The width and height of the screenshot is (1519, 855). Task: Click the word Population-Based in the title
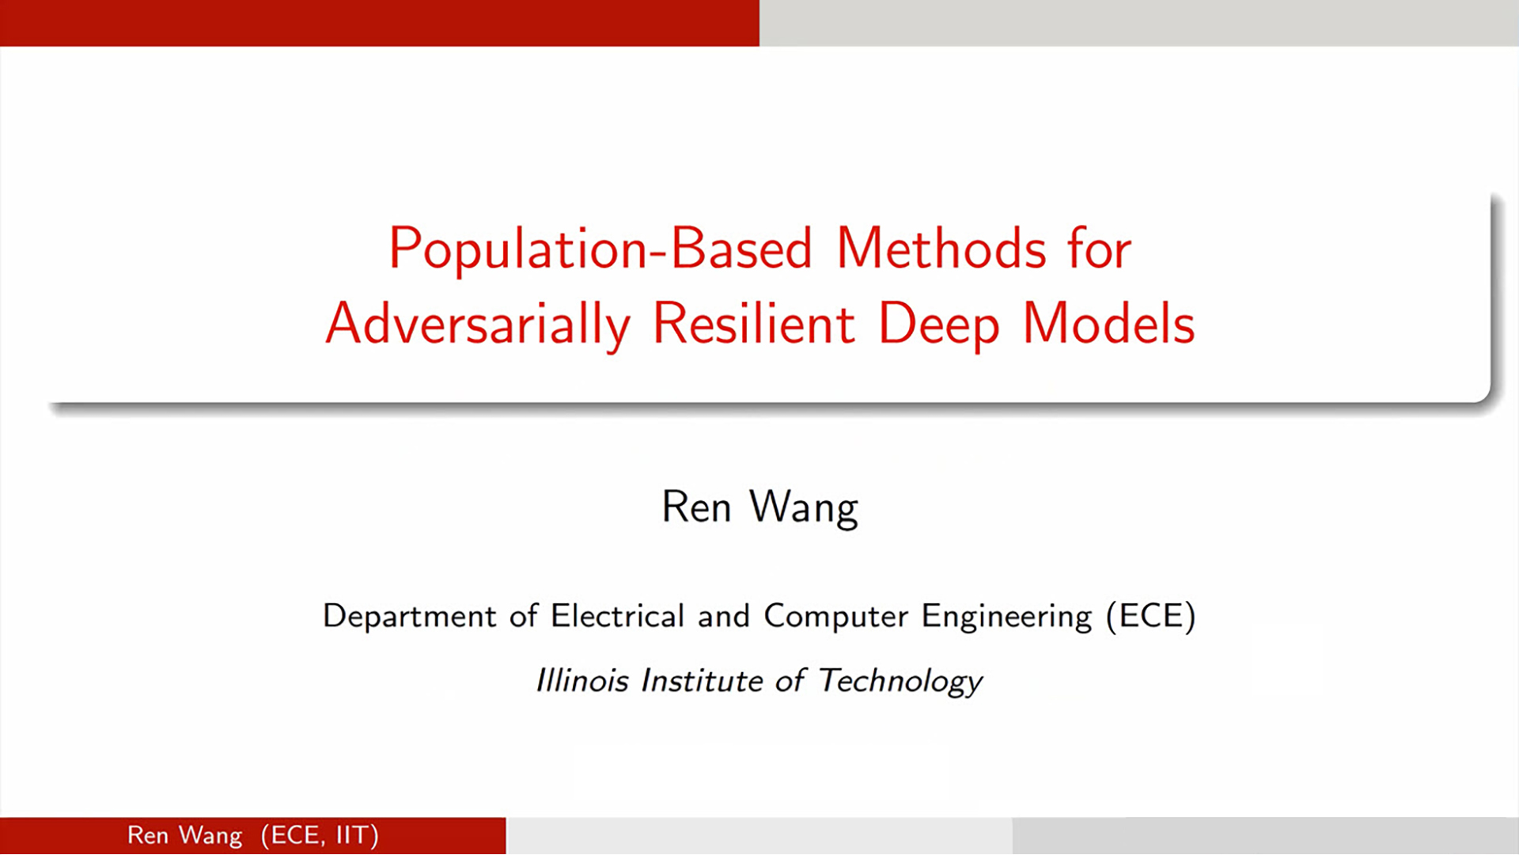pos(600,249)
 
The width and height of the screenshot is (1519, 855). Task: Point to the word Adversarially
pos(478,325)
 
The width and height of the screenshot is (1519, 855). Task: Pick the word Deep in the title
pos(938,325)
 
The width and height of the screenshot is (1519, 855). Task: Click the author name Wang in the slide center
pos(803,508)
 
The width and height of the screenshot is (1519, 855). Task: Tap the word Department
pos(409,617)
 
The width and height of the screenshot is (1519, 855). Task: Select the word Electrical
pos(617,615)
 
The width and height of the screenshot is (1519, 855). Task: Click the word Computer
pos(835,617)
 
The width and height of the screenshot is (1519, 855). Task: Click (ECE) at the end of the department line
pos(1150,616)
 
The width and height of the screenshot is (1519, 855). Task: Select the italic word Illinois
pos(582,680)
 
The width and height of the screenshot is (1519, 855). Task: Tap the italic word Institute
pos(702,680)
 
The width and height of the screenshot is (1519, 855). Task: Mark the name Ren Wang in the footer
pos(184,836)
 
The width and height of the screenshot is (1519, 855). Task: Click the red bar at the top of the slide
pos(380,23)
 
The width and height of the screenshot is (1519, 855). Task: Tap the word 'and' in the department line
pos(723,615)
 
